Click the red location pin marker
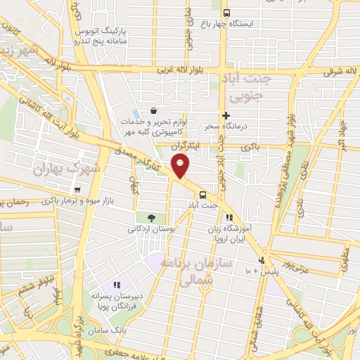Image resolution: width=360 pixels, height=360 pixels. coord(181,166)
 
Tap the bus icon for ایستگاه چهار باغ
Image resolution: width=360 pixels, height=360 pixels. coord(226,13)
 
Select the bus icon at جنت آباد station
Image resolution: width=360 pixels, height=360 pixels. coord(202,194)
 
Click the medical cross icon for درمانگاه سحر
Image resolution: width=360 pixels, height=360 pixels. coord(225,116)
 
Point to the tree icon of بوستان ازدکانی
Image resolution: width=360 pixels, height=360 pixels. coord(151,217)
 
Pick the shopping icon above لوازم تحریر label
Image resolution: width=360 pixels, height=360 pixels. coord(153,110)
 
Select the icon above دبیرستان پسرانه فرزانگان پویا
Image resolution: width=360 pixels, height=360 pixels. coord(117,285)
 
